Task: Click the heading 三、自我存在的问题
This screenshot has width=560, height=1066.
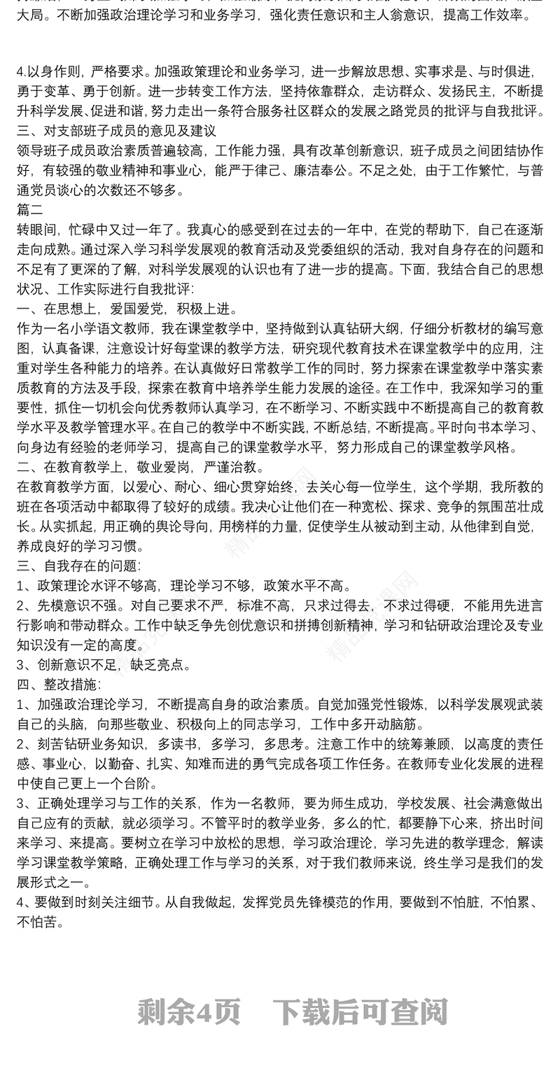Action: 78,566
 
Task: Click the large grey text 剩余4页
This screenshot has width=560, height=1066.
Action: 189,1011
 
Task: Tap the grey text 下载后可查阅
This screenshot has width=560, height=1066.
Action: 359,1011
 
